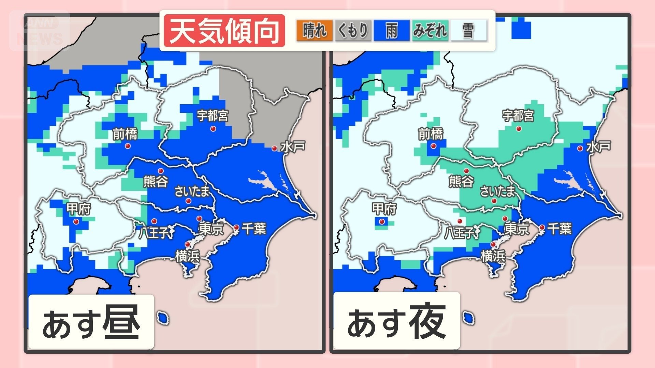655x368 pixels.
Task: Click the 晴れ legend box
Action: point(314,31)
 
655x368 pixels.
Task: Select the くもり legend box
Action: point(353,31)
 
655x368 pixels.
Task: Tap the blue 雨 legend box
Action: point(392,31)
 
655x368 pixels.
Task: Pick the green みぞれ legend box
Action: point(430,31)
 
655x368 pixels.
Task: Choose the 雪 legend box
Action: point(468,31)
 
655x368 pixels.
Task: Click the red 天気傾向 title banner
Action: point(224,31)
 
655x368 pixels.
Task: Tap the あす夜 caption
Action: point(396,321)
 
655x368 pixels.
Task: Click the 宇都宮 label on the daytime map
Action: point(213,116)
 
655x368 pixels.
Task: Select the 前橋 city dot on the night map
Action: point(433,146)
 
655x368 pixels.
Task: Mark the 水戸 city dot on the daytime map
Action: point(274,149)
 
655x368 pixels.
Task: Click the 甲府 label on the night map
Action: point(384,209)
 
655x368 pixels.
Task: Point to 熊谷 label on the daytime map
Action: point(156,181)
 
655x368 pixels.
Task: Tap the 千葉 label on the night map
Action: point(559,229)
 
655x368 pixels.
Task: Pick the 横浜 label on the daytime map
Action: point(187,256)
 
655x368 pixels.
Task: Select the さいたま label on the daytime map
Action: point(192,191)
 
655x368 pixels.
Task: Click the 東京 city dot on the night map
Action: point(505,219)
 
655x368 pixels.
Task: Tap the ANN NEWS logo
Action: point(40,31)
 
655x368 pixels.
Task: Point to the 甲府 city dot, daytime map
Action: point(76,221)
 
